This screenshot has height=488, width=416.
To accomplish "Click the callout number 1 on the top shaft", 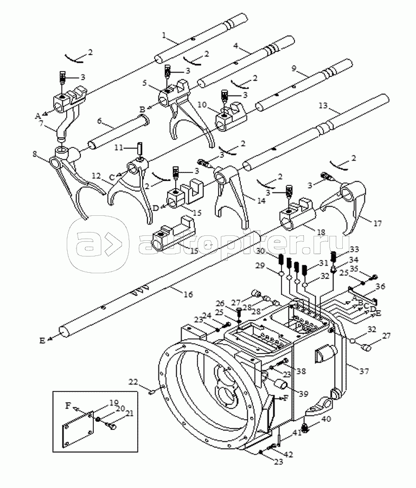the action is coord(164,35).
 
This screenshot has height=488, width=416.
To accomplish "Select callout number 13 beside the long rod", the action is coord(323,106).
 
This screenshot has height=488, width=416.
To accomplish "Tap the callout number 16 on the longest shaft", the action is coord(188,294).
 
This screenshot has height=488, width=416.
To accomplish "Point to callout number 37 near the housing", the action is coord(364,371).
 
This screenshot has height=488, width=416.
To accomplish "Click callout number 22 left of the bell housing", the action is coord(133,382).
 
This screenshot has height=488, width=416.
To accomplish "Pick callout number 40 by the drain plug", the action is coord(326,419).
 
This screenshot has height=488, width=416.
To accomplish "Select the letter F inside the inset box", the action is coord(68,406).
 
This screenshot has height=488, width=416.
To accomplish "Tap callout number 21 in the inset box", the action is coord(129,413).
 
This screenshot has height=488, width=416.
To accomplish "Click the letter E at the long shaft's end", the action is coord(42,341).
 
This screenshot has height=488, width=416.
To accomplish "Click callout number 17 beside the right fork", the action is coord(377,223).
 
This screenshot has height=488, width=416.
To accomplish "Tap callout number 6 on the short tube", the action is coord(99,120).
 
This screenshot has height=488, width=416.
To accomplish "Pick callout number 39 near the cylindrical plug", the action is coord(303,394).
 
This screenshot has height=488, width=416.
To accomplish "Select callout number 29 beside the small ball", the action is coord(260,266).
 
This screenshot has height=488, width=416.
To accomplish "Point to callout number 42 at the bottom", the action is coord(289,454).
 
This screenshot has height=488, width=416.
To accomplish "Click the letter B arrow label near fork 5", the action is coord(142,109).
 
